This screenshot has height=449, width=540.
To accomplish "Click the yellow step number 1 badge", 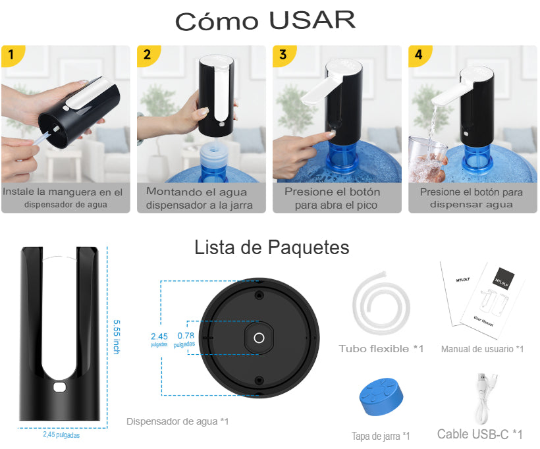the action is [x=12, y=55].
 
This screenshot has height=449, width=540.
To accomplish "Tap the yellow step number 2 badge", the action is [x=148, y=55].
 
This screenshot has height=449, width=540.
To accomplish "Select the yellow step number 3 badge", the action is [x=283, y=55].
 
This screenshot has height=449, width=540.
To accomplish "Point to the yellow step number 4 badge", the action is [x=419, y=55].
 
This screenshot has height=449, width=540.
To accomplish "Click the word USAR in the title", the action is [x=312, y=20].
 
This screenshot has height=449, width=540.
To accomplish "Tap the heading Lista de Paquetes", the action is [x=272, y=248].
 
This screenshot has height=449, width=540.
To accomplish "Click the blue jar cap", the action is [x=381, y=398].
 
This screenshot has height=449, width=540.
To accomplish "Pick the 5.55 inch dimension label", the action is [x=117, y=337].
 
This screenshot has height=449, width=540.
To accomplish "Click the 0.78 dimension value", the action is [x=186, y=335].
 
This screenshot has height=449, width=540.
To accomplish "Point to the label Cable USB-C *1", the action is [x=479, y=435].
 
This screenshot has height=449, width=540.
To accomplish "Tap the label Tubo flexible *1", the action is [x=381, y=348].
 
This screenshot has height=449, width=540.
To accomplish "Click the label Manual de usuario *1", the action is [x=482, y=349].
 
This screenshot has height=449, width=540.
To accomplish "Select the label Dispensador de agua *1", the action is [x=177, y=421].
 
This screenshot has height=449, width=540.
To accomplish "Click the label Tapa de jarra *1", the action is [x=381, y=436].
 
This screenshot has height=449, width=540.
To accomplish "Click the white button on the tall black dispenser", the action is [x=59, y=386].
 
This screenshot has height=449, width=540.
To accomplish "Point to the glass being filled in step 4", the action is [x=426, y=159].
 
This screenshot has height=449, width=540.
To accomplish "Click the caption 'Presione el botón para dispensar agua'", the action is [x=471, y=198].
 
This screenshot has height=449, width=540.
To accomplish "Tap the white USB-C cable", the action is [x=483, y=400].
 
